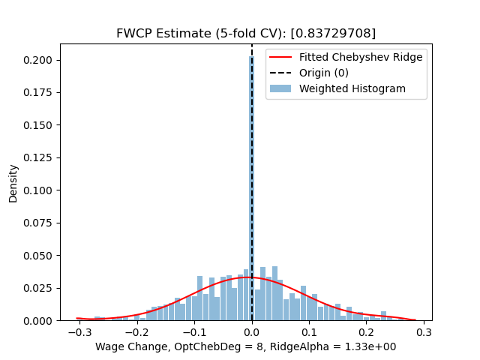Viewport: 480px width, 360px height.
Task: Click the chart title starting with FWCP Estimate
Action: click(x=246, y=34)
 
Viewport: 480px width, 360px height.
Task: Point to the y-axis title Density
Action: click(x=13, y=183)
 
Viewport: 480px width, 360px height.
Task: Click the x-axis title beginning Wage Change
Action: click(x=246, y=347)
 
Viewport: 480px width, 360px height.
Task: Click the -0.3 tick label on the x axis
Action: click(x=77, y=332)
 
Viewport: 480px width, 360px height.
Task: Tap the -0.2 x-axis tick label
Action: click(x=135, y=332)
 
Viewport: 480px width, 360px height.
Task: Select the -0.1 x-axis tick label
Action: click(x=193, y=332)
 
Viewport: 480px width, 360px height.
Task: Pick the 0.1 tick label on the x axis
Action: click(x=309, y=332)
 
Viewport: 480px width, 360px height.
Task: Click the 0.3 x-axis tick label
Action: click(x=424, y=332)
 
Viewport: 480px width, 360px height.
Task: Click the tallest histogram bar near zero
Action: click(x=251, y=187)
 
